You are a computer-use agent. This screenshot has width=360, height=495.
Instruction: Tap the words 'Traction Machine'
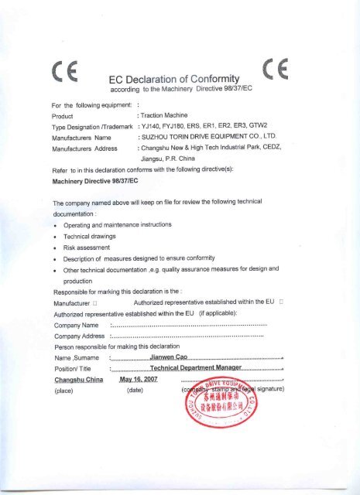tap(164, 113)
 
